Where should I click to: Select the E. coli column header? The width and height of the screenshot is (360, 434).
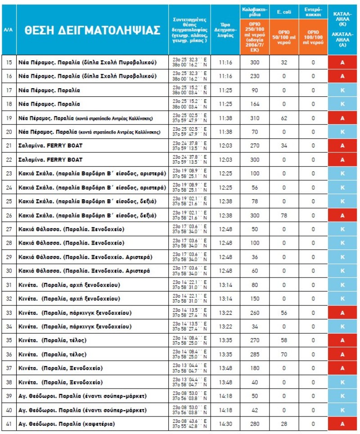tap(284, 11)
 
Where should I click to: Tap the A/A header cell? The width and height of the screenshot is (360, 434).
tap(8, 30)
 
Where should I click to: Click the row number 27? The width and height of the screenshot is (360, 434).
tap(9, 229)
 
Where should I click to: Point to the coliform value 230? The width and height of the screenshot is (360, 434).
tap(255, 76)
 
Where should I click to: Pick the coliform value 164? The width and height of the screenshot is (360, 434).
tap(255, 104)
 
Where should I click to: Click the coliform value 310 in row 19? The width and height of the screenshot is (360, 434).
tap(255, 118)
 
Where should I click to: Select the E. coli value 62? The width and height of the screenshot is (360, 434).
tap(284, 118)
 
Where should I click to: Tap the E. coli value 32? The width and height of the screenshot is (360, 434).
tap(284, 62)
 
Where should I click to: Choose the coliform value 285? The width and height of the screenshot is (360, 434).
tap(255, 354)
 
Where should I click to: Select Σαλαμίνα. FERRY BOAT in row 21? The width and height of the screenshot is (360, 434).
tap(51, 146)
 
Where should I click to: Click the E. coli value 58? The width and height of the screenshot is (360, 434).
tap(284, 340)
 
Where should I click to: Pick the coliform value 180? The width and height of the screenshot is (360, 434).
tap(255, 368)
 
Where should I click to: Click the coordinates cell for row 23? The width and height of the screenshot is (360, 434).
tap(189, 174)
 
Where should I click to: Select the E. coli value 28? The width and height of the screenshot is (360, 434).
tap(284, 424)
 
